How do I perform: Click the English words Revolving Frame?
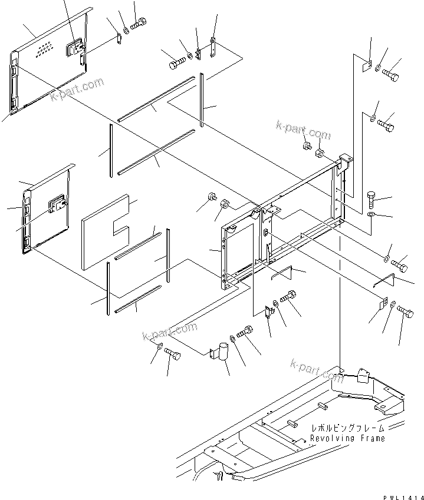347,438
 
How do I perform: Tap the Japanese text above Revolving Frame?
347,429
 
